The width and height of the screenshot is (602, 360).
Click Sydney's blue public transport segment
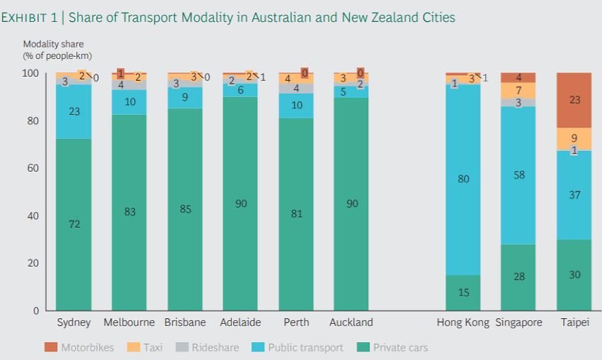(x=74, y=111)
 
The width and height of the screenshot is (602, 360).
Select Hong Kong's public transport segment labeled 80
(x=463, y=179)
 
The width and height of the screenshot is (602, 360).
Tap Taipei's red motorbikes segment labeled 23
(x=574, y=100)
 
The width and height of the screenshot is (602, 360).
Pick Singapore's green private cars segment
(x=518, y=276)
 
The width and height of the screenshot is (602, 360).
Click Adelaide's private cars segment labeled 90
(x=240, y=203)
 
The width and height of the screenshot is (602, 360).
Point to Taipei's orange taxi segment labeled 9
(x=574, y=138)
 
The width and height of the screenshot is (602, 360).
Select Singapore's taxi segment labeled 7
(x=518, y=91)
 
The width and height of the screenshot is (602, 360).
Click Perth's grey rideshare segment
(x=296, y=89)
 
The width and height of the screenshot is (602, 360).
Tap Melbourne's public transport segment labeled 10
(x=130, y=102)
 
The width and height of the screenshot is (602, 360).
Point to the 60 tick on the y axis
(x=30, y=168)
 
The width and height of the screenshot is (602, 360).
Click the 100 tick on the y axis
(x=28, y=73)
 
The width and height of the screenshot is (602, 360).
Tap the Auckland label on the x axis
(x=351, y=322)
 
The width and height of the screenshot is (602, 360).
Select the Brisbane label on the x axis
(x=185, y=322)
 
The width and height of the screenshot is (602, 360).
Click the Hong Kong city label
(x=462, y=322)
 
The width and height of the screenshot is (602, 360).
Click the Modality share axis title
(x=53, y=44)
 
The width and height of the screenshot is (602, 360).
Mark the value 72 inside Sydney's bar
(x=74, y=224)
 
